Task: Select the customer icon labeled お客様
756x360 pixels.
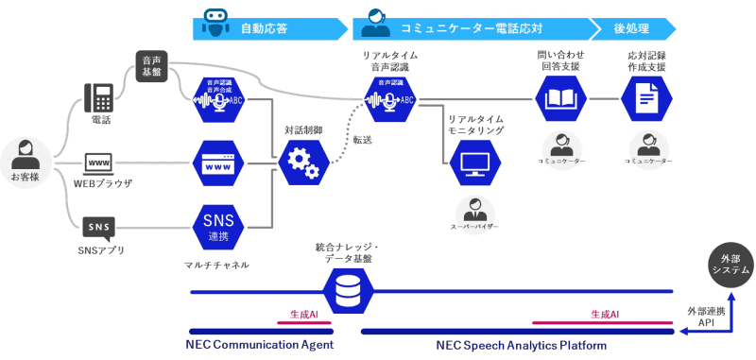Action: click(x=26, y=157)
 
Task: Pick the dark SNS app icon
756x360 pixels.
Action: click(x=100, y=228)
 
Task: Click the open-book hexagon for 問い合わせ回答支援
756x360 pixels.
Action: click(x=560, y=98)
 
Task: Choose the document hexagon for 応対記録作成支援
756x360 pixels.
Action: click(x=647, y=98)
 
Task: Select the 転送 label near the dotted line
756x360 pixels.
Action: click(x=362, y=140)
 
